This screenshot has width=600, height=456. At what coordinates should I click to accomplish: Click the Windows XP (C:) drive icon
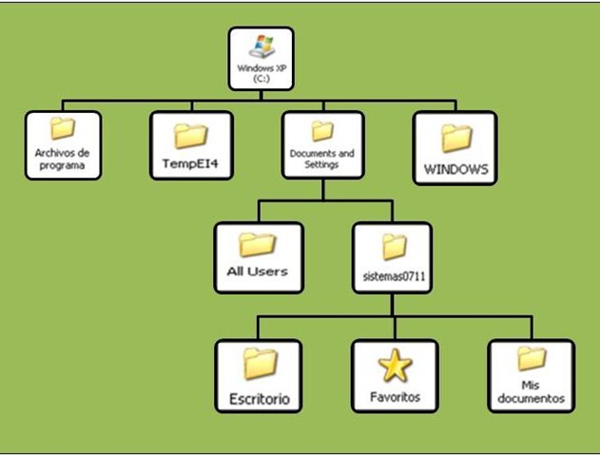click(261, 48)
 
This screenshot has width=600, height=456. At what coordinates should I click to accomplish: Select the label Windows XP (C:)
click(261, 74)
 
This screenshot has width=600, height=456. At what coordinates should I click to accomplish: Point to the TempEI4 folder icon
click(190, 137)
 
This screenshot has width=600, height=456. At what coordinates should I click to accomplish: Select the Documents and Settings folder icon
click(322, 131)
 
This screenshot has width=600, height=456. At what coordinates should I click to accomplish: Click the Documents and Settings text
click(322, 158)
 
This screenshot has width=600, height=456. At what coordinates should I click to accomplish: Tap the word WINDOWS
click(455, 170)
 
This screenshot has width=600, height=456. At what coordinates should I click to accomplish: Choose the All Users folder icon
click(257, 244)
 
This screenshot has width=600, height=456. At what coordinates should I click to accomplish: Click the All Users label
click(257, 271)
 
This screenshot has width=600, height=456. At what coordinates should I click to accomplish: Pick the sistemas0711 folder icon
click(392, 247)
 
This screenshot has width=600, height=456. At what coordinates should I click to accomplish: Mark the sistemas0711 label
click(392, 275)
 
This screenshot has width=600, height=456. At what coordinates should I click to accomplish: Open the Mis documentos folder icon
click(531, 359)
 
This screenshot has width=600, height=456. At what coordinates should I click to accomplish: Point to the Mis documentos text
click(531, 391)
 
